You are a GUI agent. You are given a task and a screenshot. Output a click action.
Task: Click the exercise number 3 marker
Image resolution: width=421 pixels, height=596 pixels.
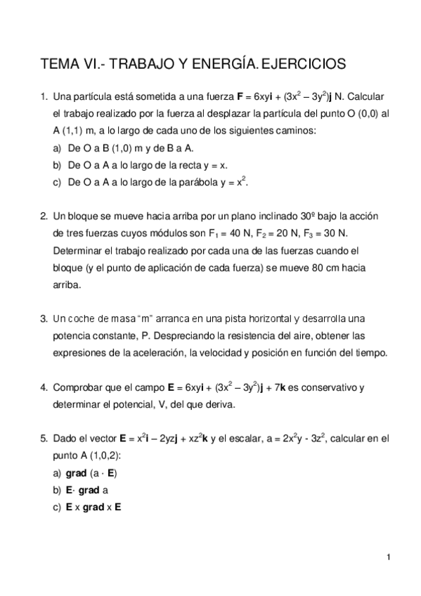(x=44, y=318)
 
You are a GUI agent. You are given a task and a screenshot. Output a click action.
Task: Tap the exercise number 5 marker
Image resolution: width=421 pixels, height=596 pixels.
(x=44, y=439)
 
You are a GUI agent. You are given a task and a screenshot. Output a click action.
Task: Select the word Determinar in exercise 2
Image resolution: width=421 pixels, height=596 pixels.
(x=78, y=250)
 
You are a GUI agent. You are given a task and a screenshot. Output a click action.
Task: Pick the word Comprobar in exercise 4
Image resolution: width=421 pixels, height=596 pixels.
(x=77, y=387)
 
